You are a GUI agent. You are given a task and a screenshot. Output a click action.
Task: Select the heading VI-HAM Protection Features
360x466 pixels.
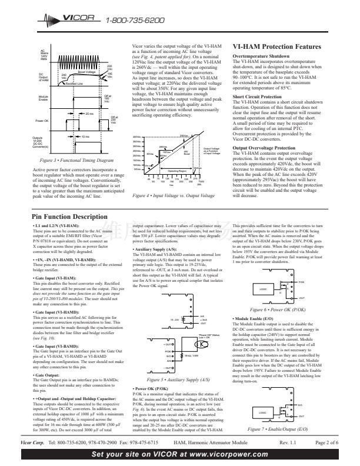(276, 47)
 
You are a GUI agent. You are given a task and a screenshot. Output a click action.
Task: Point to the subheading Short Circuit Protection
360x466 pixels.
(256, 96)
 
